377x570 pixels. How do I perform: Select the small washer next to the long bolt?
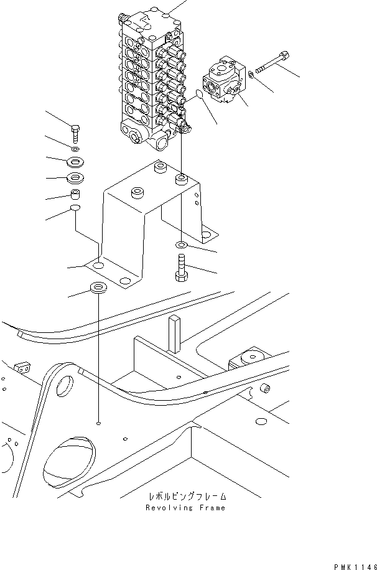[250, 75]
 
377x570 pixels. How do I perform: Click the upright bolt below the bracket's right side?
[182, 268]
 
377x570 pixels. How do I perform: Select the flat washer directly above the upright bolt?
[180, 244]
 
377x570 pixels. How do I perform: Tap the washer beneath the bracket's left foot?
[98, 289]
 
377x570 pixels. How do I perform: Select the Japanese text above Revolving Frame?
[187, 497]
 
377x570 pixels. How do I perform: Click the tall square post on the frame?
[173, 333]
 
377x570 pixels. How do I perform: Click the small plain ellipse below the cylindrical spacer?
[74, 208]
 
